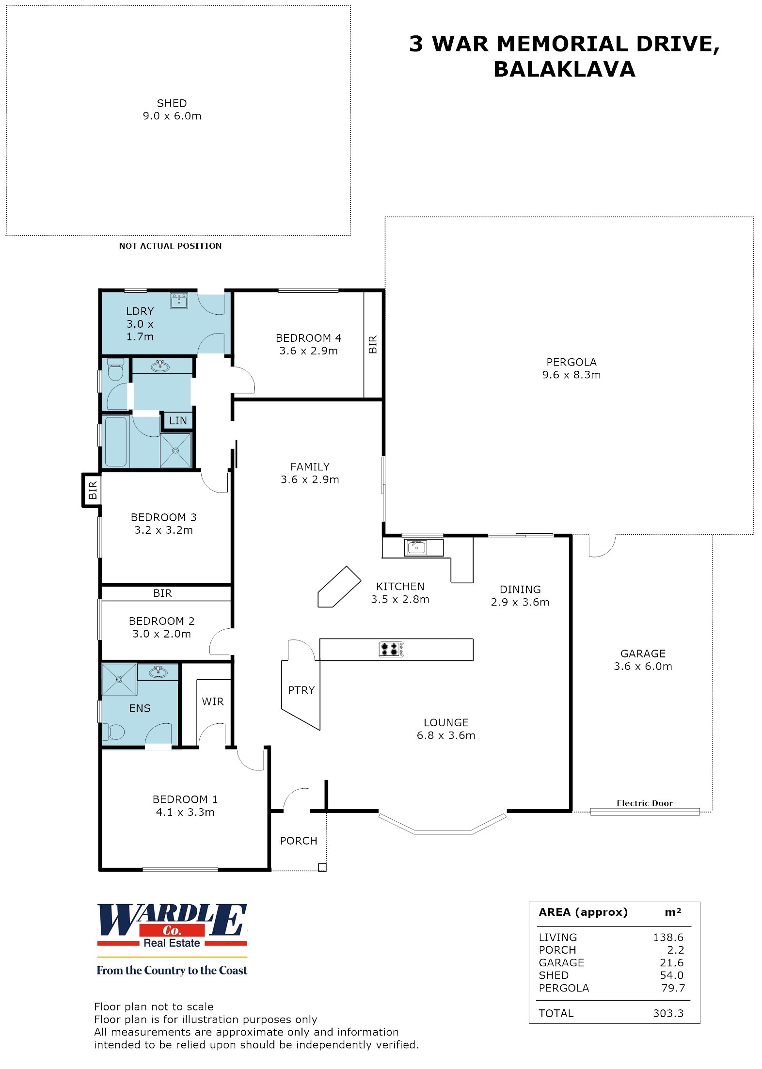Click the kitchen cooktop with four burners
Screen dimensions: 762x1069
(391, 649)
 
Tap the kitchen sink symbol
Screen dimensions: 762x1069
(416, 547)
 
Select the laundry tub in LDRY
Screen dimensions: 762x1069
(179, 301)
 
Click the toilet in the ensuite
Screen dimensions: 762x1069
(113, 732)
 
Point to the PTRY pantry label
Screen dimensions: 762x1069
(302, 690)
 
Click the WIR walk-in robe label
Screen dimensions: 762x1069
(213, 702)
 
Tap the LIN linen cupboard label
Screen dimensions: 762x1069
(178, 421)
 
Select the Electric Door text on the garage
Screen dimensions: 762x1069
(645, 803)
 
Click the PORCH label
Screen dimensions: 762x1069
(299, 841)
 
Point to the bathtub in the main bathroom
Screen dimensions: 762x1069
(115, 441)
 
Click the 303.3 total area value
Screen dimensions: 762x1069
(668, 1013)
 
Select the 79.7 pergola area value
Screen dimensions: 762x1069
(673, 988)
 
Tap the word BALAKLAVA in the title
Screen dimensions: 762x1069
(564, 69)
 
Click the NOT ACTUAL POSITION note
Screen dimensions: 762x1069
(170, 246)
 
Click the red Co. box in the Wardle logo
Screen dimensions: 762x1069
(172, 930)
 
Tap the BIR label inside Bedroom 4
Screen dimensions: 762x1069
(373, 344)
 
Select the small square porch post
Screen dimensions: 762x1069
(322, 867)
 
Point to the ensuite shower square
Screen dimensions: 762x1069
(119, 679)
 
